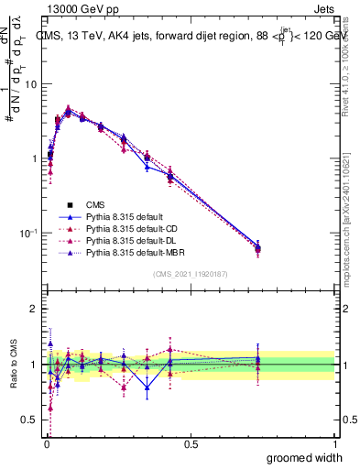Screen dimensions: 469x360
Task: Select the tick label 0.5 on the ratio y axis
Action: point(29,420)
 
